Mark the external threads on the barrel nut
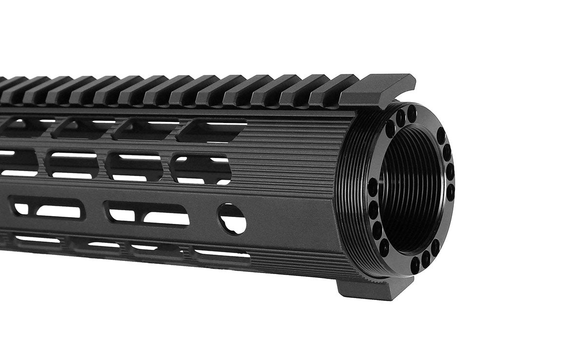coord(351,195)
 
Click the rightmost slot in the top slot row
coord(211,130)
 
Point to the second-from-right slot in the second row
coord(134,166)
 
